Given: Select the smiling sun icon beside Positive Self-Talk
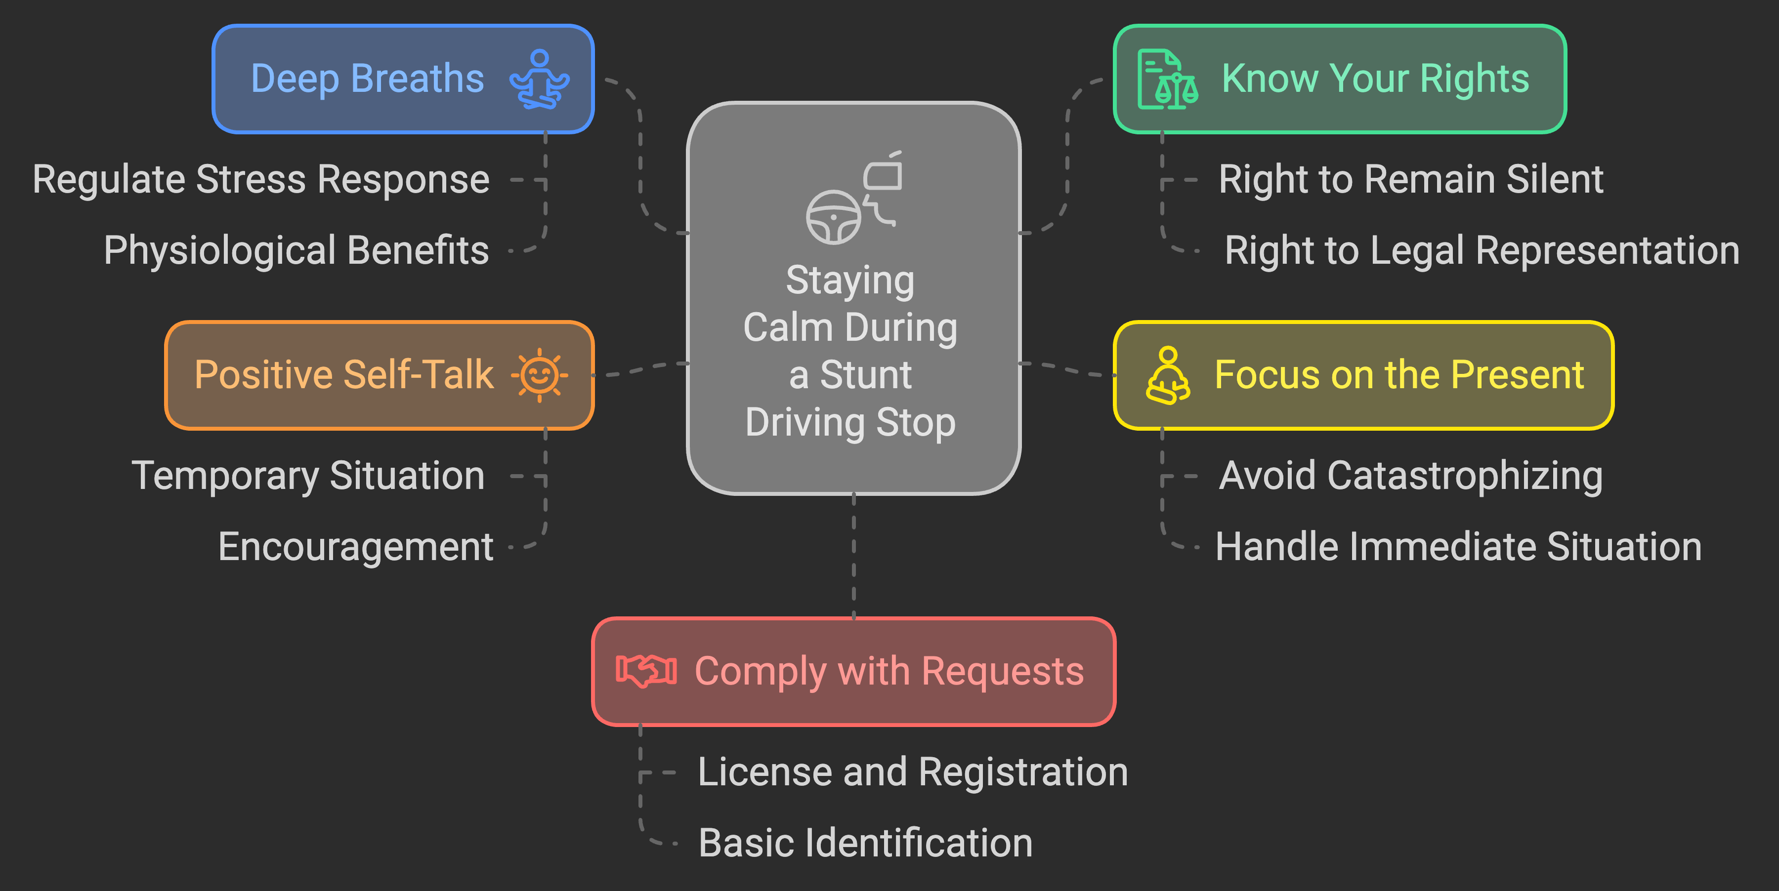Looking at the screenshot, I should click(539, 375).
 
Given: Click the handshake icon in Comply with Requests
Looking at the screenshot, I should click(646, 670).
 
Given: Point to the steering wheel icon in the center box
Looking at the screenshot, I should click(834, 217).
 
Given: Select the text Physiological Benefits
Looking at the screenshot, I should click(296, 250).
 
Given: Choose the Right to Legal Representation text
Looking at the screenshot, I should click(1482, 250).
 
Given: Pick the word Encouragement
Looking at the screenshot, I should click(356, 547).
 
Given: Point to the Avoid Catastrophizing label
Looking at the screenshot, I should click(1410, 476).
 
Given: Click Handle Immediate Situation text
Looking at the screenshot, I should click(1458, 547).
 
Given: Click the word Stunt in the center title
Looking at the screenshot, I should click(865, 375).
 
